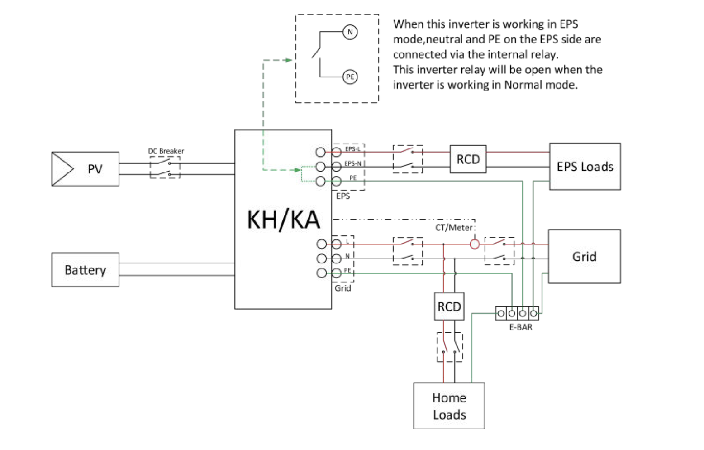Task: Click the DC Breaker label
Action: (x=166, y=151)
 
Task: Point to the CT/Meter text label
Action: (x=453, y=228)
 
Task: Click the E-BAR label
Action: (x=521, y=327)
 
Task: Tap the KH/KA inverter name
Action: (x=284, y=220)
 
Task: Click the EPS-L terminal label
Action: (x=352, y=149)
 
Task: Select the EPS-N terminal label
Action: (x=353, y=163)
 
